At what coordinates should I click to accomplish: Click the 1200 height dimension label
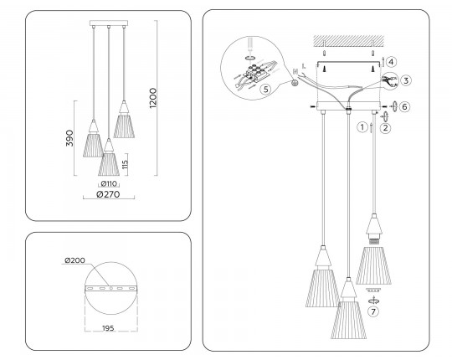coord(153,98)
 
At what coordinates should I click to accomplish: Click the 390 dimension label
coord(69,138)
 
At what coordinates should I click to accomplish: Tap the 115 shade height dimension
coord(125,164)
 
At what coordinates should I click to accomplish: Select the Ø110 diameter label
coord(109,183)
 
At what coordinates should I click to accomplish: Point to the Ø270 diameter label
coord(108,194)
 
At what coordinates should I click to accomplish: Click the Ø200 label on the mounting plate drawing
coord(75,260)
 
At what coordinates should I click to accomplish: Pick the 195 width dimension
coord(108,328)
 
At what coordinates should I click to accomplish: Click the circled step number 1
coord(362,127)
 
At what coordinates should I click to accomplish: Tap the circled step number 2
coord(386,128)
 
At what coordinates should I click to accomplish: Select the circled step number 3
coord(406,80)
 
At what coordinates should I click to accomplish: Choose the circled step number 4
coord(392,62)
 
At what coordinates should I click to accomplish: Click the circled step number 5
coord(266,89)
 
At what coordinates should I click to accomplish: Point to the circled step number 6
coord(404,106)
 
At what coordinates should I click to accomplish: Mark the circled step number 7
coord(373,311)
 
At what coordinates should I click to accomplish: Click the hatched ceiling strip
coord(349,41)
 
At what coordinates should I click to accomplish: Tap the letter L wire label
coord(304,66)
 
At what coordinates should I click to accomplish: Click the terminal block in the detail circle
coord(255,72)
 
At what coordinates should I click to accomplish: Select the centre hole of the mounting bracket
coord(111,288)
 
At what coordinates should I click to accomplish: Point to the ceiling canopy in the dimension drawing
coord(109,23)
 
